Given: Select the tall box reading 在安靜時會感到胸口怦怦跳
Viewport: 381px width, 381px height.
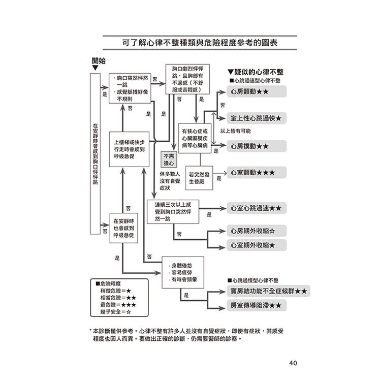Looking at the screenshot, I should click(x=95, y=153).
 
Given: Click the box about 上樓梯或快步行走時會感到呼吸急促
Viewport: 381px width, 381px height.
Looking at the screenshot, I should click(x=130, y=149).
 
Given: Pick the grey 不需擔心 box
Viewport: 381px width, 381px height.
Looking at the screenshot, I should click(x=169, y=160).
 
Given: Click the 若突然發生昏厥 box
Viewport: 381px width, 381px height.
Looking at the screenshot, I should click(x=199, y=177).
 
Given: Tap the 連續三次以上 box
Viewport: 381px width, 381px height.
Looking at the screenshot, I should click(x=173, y=210).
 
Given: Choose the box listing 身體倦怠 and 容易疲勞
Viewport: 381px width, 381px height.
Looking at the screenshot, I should click(x=183, y=272).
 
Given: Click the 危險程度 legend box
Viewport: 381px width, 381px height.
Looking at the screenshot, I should click(x=115, y=297).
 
